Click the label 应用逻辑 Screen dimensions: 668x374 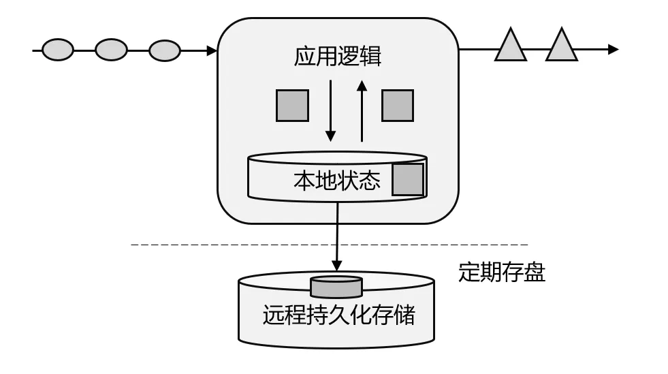[x=338, y=57]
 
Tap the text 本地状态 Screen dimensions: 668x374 [x=336, y=180]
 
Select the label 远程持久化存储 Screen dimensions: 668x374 [x=338, y=315]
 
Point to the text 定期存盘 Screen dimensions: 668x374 [x=502, y=272]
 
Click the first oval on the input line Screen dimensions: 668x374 [x=58, y=50]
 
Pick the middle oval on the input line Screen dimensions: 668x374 [x=111, y=50]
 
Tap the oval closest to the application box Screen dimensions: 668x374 [x=164, y=50]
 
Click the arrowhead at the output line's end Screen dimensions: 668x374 [x=614, y=50]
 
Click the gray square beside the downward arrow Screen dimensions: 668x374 [x=292, y=106]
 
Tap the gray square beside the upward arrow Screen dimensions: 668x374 [x=398, y=106]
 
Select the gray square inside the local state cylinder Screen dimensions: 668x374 [x=408, y=179]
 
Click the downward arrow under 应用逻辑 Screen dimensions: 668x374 [x=330, y=111]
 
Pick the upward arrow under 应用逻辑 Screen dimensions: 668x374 [x=362, y=111]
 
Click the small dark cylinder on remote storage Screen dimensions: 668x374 [x=336, y=287]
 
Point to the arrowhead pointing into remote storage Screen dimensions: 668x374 [x=337, y=266]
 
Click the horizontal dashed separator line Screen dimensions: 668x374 [x=330, y=245]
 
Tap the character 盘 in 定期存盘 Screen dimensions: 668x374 [x=535, y=272]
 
